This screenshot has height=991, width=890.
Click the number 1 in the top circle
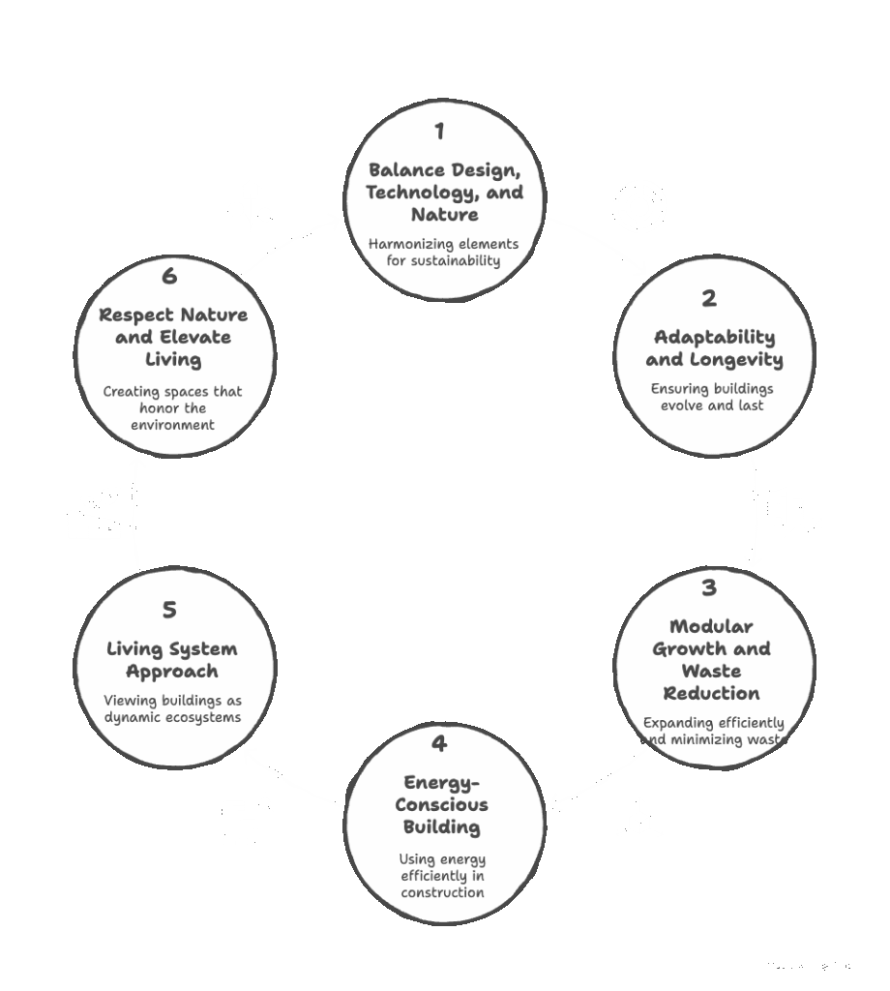(x=439, y=132)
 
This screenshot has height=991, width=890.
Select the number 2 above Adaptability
(x=709, y=299)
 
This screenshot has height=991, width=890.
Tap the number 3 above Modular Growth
(x=709, y=588)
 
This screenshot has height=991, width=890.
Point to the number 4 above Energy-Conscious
(x=439, y=744)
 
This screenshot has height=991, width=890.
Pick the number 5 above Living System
(x=169, y=611)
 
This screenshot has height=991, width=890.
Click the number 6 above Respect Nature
(x=169, y=277)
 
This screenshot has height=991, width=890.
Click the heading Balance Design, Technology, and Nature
(x=444, y=193)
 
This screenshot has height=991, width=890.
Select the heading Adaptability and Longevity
(x=714, y=348)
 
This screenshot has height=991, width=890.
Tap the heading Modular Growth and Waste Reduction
(x=712, y=660)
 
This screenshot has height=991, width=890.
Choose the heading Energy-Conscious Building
(x=441, y=805)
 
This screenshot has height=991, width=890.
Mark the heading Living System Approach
(x=173, y=660)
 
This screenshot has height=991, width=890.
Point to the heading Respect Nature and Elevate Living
(x=173, y=337)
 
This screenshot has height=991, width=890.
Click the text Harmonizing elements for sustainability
(x=443, y=253)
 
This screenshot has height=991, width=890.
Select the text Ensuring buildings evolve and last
(x=712, y=397)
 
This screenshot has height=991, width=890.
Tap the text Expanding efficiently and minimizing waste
(x=714, y=732)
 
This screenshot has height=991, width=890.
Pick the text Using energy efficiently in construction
(x=442, y=876)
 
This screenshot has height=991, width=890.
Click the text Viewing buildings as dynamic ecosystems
(x=172, y=709)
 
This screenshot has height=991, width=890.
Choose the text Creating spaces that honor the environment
(x=172, y=408)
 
